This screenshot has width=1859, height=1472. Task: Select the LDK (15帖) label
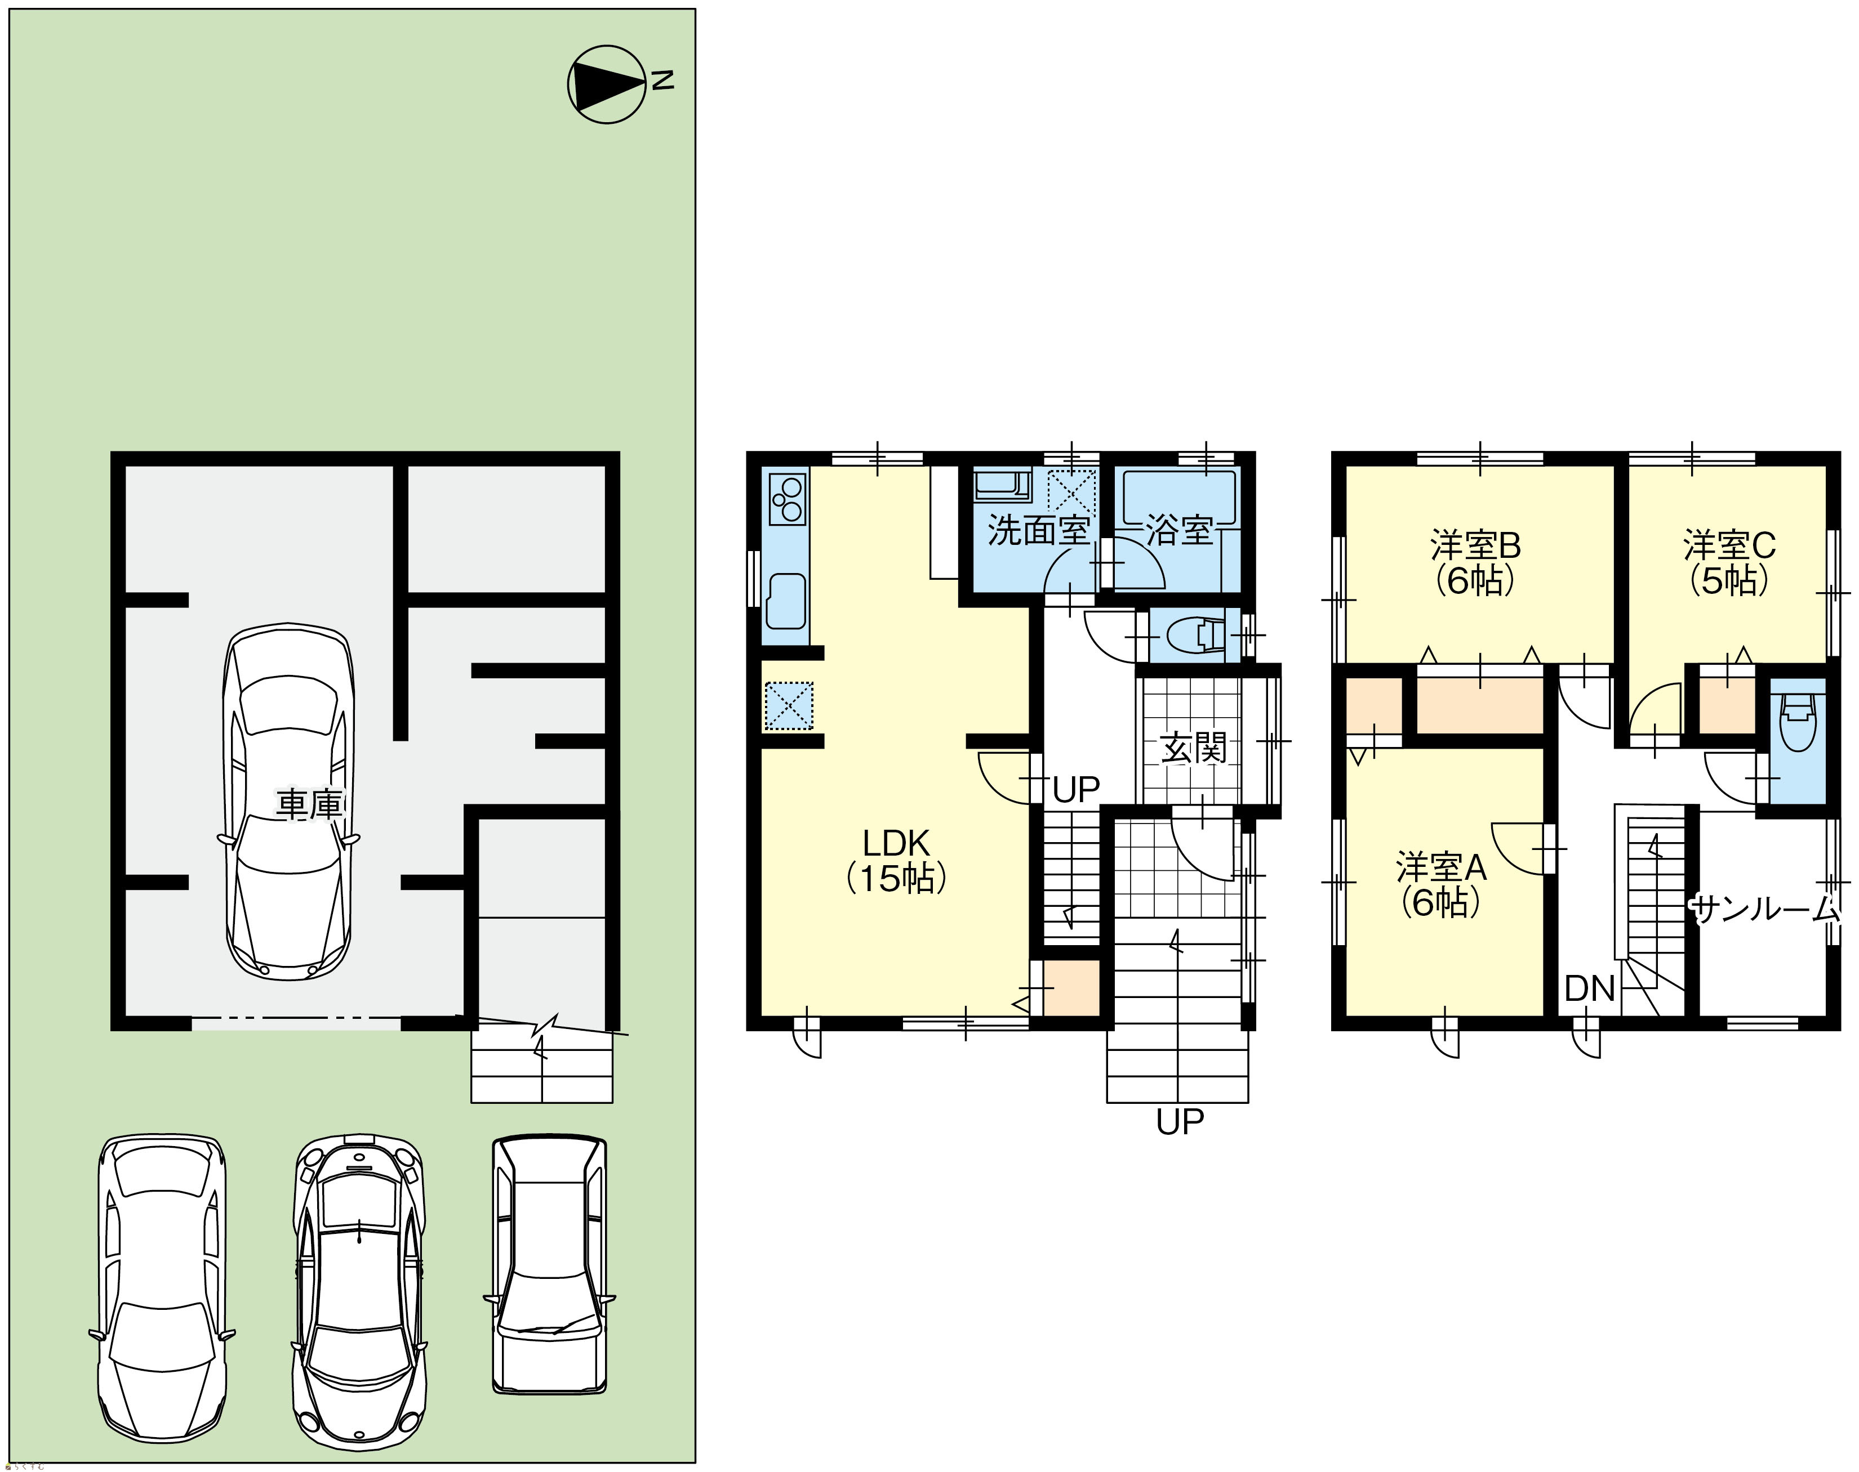(x=897, y=859)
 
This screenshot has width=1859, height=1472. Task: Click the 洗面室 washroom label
(x=1038, y=530)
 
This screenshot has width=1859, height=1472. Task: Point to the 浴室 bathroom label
(x=1180, y=530)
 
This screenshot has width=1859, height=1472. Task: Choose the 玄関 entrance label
(x=1193, y=748)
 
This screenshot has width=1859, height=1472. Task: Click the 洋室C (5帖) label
(x=1729, y=563)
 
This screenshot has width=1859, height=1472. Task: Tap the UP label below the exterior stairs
(x=1180, y=1122)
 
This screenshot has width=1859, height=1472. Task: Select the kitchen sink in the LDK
(x=785, y=601)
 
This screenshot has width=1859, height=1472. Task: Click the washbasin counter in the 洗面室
(x=1002, y=485)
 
